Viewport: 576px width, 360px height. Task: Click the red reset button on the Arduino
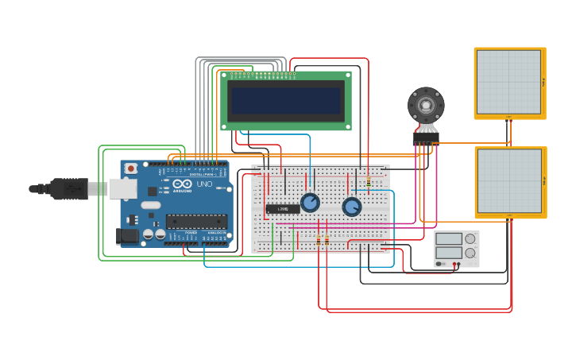[131, 168]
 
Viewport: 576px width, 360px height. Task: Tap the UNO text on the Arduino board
[204, 184]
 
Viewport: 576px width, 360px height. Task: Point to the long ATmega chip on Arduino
[195, 222]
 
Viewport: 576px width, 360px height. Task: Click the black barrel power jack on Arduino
[126, 235]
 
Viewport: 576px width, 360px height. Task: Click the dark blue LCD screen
[286, 100]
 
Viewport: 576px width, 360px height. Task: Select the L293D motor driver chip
[282, 209]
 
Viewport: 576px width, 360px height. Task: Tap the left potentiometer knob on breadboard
[310, 203]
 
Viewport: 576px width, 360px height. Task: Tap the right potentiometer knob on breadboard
[352, 207]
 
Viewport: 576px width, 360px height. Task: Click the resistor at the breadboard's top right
[369, 182]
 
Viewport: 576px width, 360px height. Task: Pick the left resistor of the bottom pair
[319, 239]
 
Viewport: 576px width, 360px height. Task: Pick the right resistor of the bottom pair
[327, 239]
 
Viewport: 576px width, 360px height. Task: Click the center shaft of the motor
[426, 105]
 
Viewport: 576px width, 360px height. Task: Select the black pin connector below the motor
[426, 137]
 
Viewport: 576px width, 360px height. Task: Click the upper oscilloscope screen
[508, 82]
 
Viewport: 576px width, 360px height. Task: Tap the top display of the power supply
[449, 238]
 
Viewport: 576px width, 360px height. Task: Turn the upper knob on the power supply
[470, 238]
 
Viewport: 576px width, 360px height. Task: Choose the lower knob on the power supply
[470, 253]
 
